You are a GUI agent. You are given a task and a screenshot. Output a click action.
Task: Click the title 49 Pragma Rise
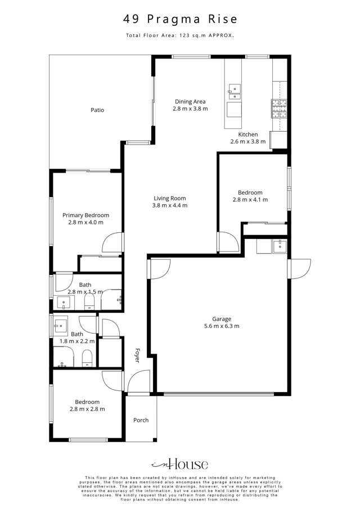[x=180, y=19]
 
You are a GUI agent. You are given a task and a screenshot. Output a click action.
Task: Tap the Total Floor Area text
[x=180, y=35]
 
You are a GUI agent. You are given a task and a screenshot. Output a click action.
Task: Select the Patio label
[x=97, y=110]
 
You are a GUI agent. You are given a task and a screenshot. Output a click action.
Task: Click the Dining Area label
[x=190, y=101]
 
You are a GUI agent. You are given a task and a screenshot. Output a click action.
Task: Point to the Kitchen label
[x=247, y=134]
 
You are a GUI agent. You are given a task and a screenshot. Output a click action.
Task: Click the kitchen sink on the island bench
[x=233, y=89]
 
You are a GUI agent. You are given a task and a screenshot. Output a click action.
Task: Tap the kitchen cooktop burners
[x=279, y=109]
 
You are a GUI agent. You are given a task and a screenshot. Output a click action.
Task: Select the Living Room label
[x=169, y=198]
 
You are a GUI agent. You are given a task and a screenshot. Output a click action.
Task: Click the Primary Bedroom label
[x=85, y=215]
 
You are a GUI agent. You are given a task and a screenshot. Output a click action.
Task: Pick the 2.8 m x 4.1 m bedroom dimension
[x=250, y=199]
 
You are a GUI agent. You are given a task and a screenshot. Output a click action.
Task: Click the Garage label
[x=222, y=318]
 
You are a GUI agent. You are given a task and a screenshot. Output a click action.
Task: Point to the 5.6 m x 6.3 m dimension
[x=222, y=326]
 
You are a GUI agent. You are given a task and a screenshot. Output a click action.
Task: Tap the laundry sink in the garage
[x=278, y=245]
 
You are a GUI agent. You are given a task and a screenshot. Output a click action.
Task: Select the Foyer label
[x=137, y=355]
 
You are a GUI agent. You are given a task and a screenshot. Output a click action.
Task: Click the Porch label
[x=141, y=420]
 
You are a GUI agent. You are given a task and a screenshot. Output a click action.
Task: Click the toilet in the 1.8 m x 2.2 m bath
[x=87, y=358]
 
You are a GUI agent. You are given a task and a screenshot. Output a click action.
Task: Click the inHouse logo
[x=180, y=464]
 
